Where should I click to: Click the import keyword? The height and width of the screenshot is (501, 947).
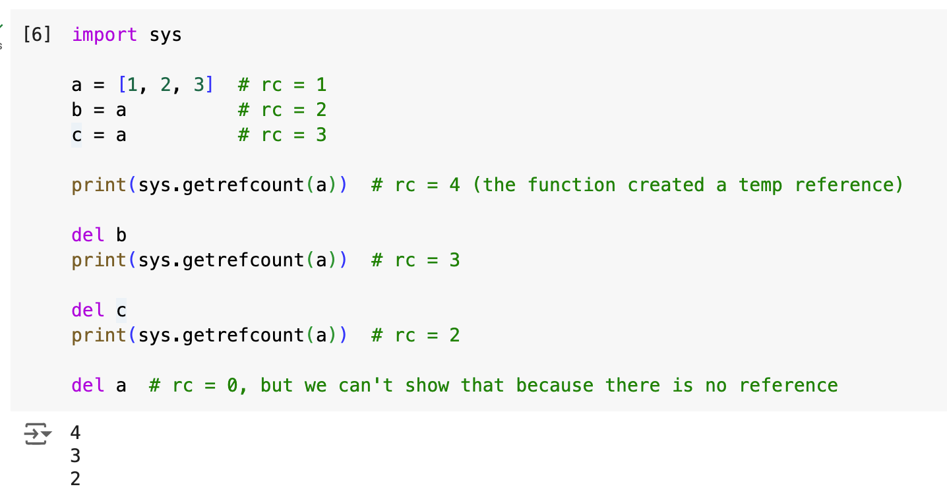(x=104, y=34)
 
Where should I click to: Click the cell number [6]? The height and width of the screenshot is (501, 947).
(x=37, y=34)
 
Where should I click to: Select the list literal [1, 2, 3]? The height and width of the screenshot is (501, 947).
(x=166, y=84)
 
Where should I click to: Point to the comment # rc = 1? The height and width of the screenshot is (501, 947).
(x=282, y=84)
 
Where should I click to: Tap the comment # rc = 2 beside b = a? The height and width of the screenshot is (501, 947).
(x=282, y=109)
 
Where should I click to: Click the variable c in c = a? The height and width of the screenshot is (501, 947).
(x=76, y=134)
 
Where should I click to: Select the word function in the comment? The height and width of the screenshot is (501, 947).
(x=571, y=185)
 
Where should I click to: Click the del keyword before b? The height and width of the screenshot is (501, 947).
(x=88, y=235)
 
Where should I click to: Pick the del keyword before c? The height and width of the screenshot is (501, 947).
(x=88, y=310)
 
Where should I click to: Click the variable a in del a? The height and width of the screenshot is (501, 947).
(x=121, y=385)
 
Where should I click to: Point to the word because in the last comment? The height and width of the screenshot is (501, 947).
(x=554, y=385)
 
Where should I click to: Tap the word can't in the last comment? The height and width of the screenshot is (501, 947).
(x=365, y=385)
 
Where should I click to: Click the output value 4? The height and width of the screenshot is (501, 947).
(x=75, y=432)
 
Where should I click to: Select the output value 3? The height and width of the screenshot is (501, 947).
(x=75, y=456)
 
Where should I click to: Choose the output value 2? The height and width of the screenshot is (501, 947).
(x=75, y=479)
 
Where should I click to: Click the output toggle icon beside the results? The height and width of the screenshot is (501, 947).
(x=37, y=434)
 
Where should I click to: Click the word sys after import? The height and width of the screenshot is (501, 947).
(x=165, y=34)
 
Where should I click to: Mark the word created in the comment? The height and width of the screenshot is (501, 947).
(x=665, y=185)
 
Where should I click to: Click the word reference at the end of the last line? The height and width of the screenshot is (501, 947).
(x=788, y=385)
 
